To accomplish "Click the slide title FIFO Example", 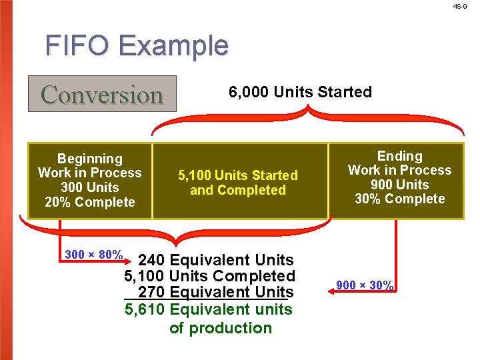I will pos(137,46).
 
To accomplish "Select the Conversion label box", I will pos(102,94).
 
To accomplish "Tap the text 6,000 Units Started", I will pos(300,92).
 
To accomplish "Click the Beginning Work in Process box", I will pos(90,181).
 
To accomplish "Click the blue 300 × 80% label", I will pos(93,255).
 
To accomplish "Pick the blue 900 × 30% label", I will pos(365,285).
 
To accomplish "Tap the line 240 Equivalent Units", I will pos(215,259).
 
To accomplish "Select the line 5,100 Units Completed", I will pos(210,276).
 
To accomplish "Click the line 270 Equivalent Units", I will pos(215,293).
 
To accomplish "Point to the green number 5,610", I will pos(145,309).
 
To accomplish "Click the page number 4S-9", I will pos(460,6).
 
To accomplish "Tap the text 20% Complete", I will pos(90,203).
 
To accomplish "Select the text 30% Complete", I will pos(399,199).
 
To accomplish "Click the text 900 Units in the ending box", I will pos(399,185).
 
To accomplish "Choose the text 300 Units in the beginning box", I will pos(90,188).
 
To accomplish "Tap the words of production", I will pos(221,328).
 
